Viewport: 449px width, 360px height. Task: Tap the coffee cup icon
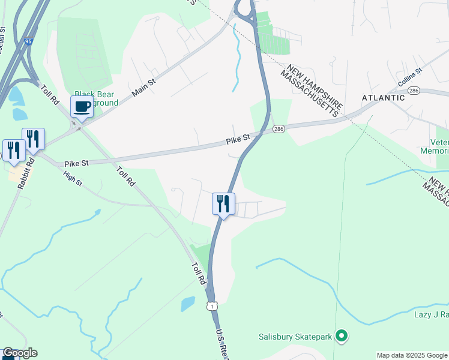[x=82, y=107]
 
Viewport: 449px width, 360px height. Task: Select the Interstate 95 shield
[x=29, y=42]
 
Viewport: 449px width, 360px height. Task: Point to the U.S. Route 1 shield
[x=212, y=307]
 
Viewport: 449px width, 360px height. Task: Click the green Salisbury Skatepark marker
[x=342, y=336]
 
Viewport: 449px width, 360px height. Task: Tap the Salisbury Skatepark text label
[x=295, y=337]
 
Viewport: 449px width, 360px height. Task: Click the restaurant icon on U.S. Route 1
[x=223, y=203]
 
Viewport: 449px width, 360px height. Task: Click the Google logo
[x=20, y=353]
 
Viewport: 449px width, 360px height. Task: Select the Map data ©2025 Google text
[x=411, y=355]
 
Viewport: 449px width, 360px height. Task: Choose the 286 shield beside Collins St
[x=413, y=90]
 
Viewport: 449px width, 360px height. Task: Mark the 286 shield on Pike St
[x=278, y=129]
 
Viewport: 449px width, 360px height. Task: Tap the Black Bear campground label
[x=96, y=98]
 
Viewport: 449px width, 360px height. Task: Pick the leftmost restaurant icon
[x=13, y=150]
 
